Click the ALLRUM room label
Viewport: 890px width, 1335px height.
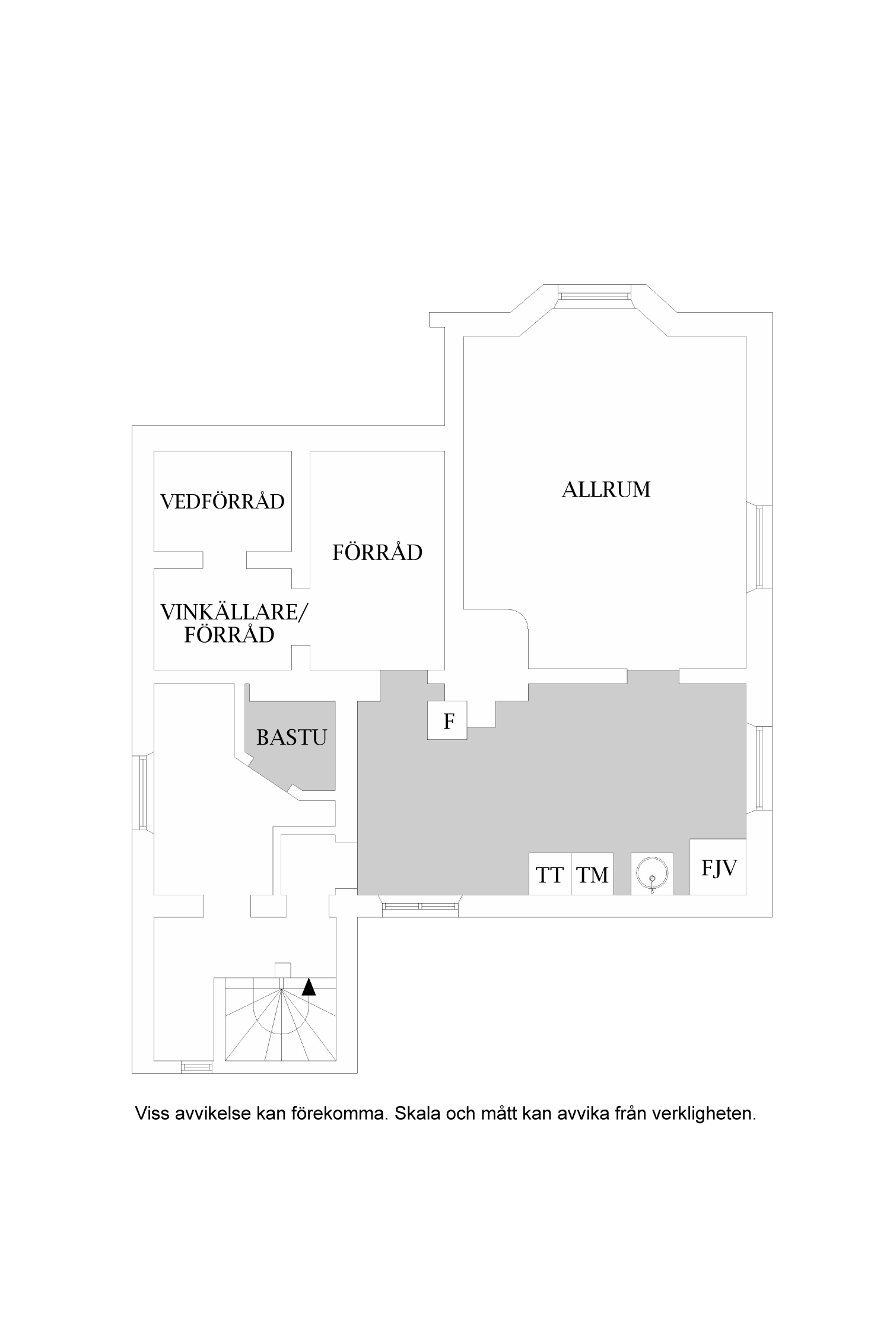click(606, 490)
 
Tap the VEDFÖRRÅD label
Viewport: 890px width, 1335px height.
click(223, 502)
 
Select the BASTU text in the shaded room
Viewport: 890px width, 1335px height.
click(291, 738)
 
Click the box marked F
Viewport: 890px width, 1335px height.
click(447, 720)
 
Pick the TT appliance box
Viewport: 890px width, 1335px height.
click(550, 874)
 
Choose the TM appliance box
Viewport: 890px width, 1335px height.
click(592, 874)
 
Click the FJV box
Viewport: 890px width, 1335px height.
click(718, 867)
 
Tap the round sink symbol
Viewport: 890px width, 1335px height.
click(651, 873)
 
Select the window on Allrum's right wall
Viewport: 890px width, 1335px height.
click(760, 547)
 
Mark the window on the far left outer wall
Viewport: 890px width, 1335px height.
click(142, 793)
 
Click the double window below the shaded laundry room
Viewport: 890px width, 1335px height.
click(420, 906)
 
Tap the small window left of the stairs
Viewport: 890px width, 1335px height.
click(196, 1067)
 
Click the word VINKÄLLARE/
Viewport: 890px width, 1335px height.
click(234, 612)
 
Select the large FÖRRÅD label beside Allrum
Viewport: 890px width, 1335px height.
click(377, 553)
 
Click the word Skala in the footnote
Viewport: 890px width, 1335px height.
click(418, 1114)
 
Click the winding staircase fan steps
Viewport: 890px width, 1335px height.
click(281, 1022)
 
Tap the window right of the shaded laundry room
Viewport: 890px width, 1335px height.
click(760, 768)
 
